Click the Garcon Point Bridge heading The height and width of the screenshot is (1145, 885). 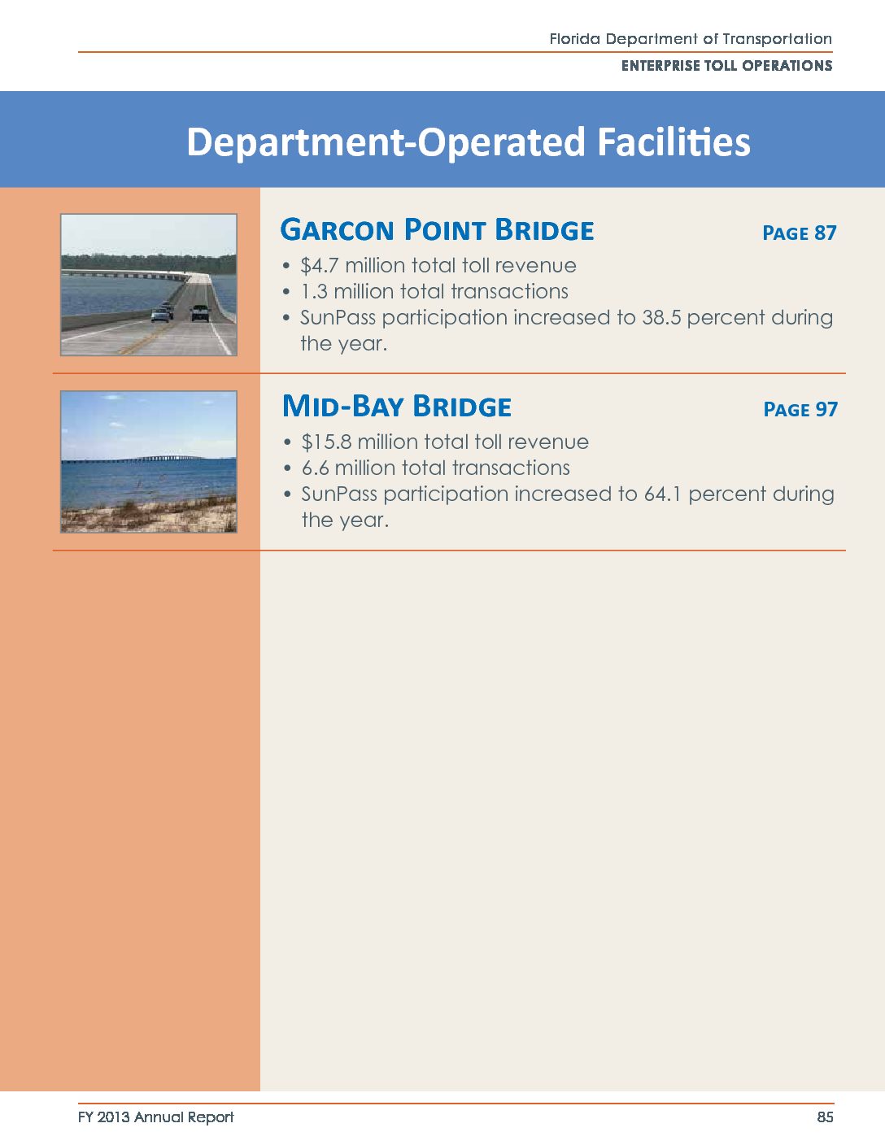tap(437, 230)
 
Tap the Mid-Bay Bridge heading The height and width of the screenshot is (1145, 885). tap(397, 407)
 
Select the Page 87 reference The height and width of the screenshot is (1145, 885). tap(799, 233)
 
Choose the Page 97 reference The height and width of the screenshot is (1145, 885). tap(800, 409)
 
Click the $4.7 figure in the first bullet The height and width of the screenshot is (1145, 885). tap(320, 265)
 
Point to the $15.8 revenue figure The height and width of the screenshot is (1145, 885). tap(326, 442)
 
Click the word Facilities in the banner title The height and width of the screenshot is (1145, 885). tap(674, 141)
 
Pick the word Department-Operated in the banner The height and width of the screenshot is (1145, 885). tap(386, 142)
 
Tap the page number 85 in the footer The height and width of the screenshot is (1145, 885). tap(825, 1117)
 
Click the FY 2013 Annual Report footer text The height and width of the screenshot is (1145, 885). tap(156, 1117)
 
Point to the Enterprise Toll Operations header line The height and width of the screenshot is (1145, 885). tap(726, 66)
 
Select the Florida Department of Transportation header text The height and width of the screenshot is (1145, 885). tap(691, 39)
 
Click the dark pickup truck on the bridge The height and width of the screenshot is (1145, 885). tap(200, 312)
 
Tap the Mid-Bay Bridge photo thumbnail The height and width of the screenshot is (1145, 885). tap(149, 462)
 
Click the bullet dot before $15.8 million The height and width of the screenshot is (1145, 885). tap(287, 442)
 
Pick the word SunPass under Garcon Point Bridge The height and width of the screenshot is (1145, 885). tap(338, 317)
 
